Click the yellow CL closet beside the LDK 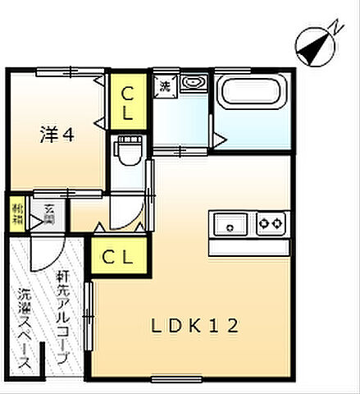click(118, 256)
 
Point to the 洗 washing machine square click(165, 85)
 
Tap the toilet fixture click(127, 152)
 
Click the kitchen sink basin click(232, 222)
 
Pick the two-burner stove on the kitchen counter click(271, 222)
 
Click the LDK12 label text click(194, 326)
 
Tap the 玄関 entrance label click(49, 211)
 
